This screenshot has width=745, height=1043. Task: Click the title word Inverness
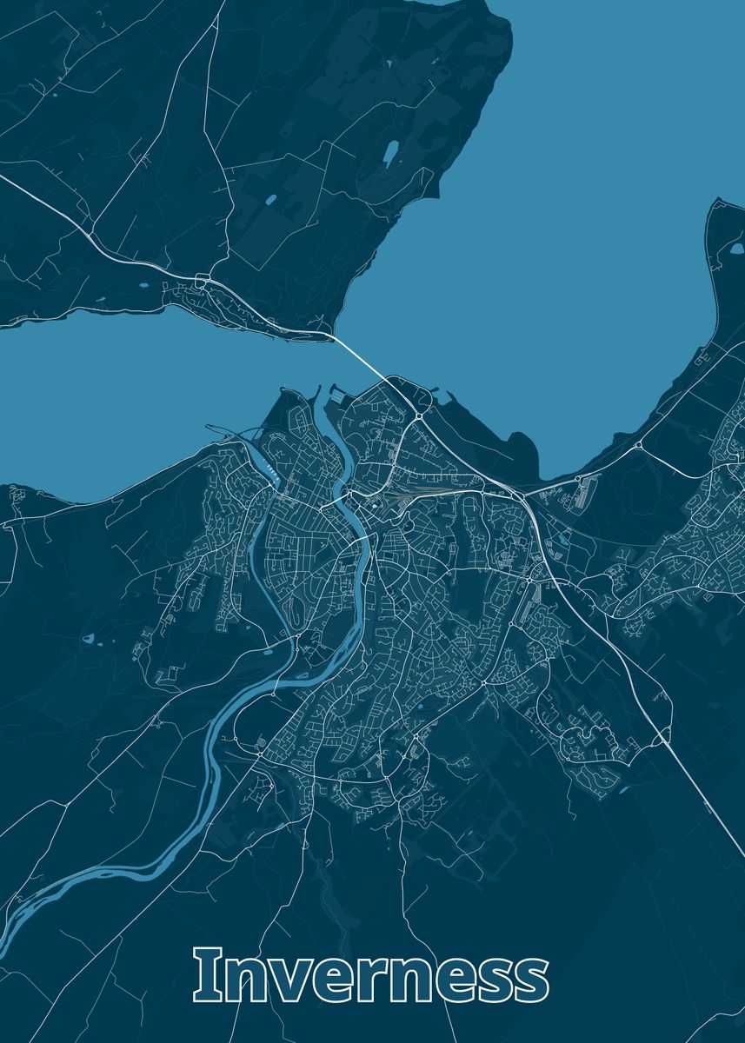(371, 975)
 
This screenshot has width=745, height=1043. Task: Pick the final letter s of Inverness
(530, 980)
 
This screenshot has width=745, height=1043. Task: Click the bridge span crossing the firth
(357, 355)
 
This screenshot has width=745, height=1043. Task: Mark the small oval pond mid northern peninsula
(270, 199)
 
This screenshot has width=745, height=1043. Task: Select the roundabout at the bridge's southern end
(419, 418)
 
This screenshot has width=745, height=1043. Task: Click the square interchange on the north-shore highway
(203, 280)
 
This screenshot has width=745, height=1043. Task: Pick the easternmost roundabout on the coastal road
(639, 445)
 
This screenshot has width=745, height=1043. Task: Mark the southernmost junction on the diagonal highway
(662, 740)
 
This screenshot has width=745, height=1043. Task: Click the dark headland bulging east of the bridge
(522, 452)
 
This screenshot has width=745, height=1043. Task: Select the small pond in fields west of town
(88, 639)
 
